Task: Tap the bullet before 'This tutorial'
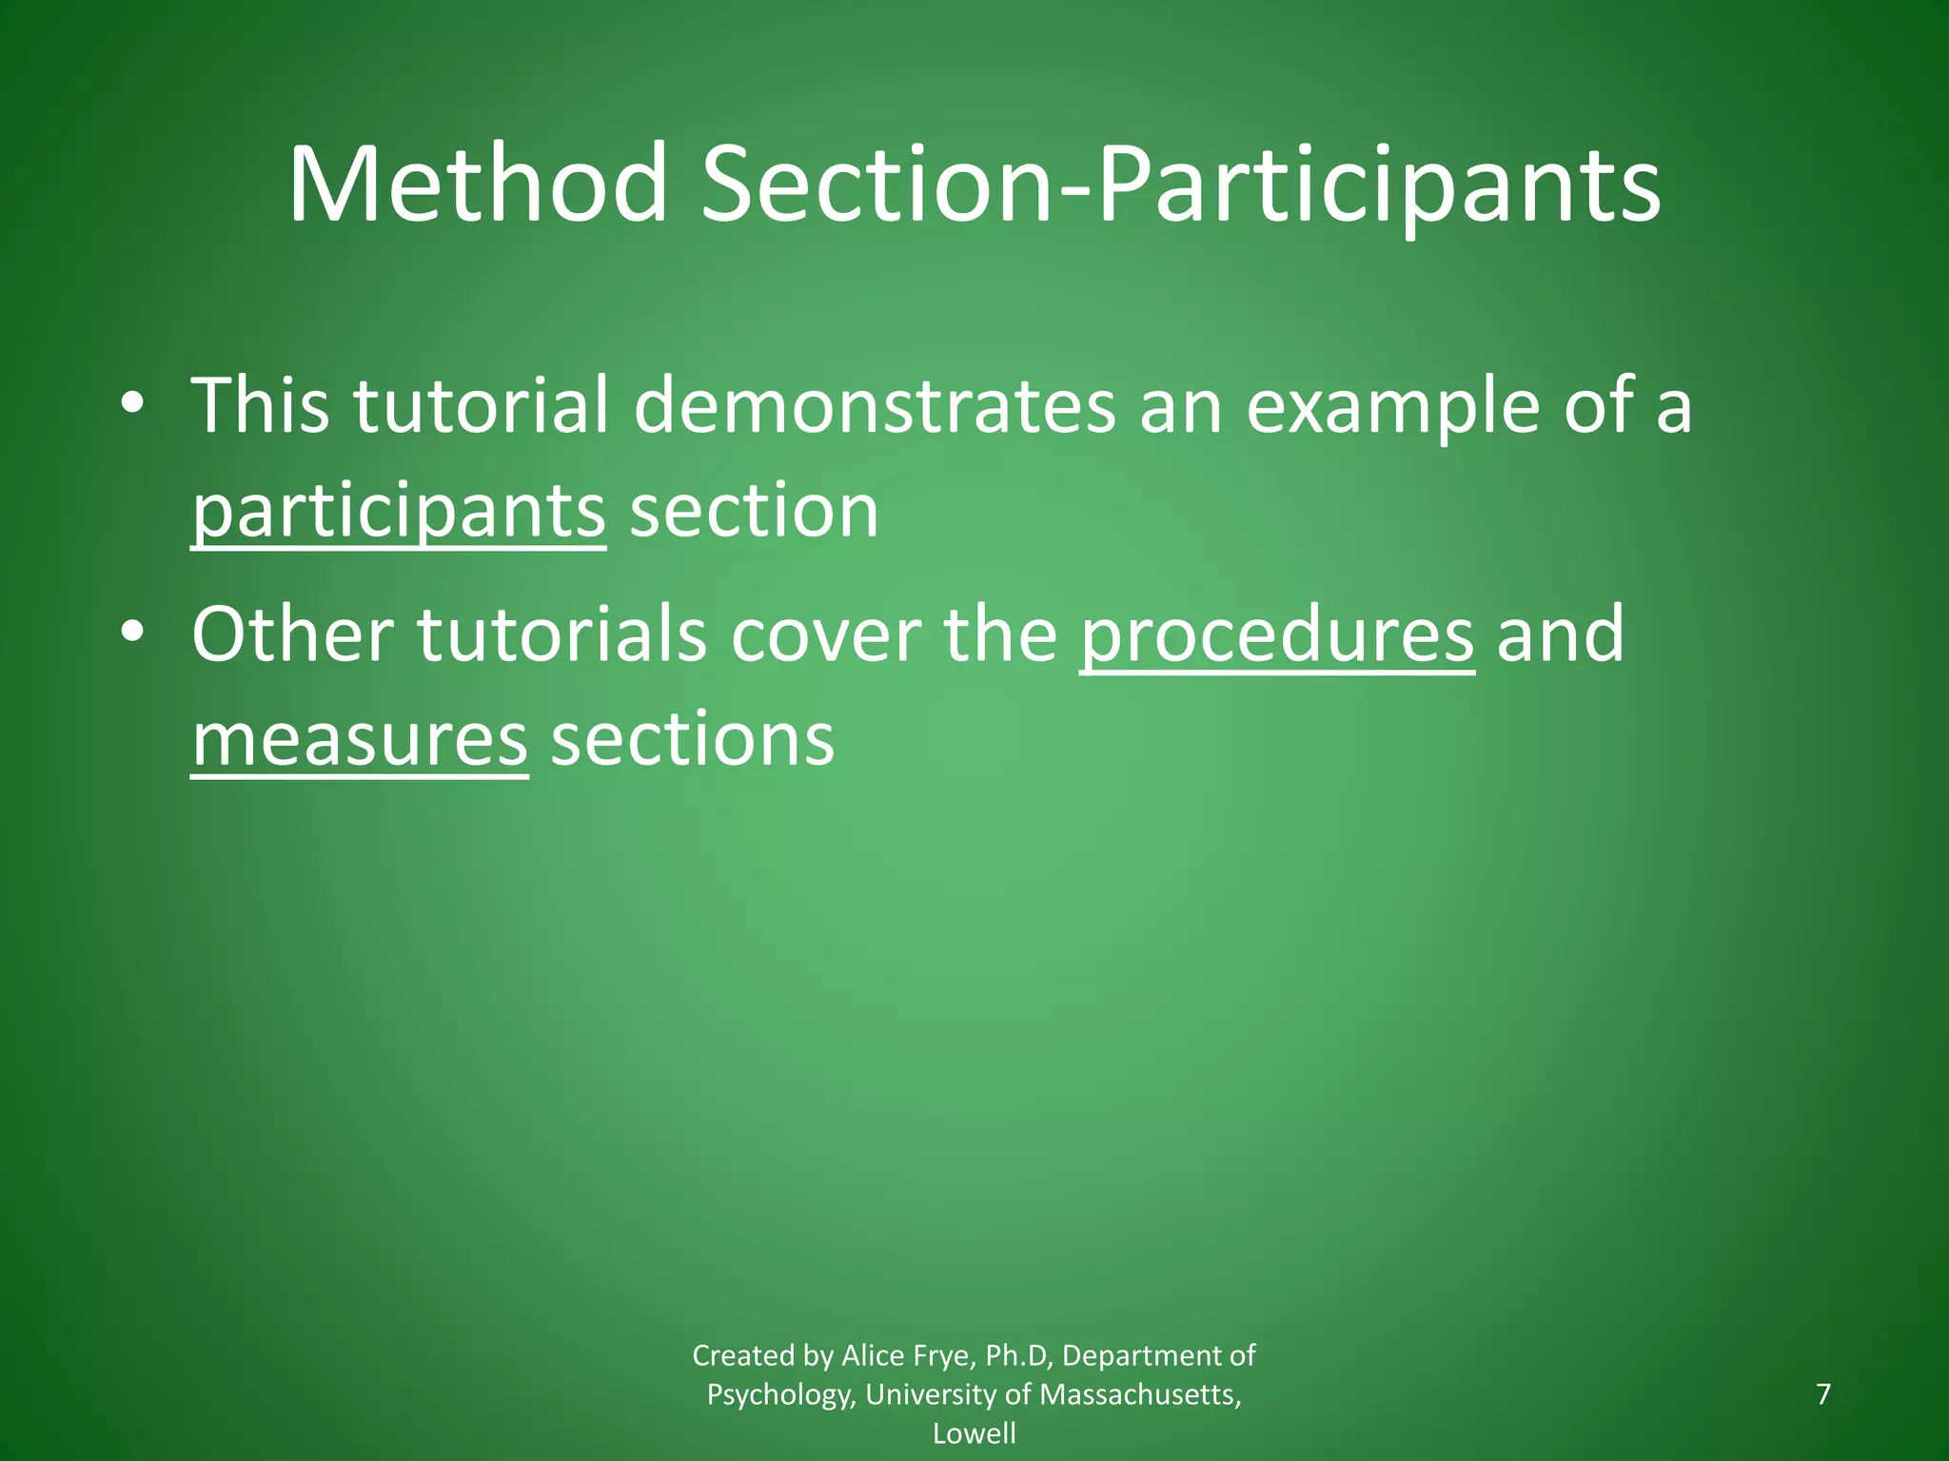(132, 405)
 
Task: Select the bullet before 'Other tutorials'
(132, 633)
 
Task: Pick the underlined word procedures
(1277, 635)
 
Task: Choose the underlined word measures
(360, 740)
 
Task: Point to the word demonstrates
(874, 406)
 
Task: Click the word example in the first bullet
(1392, 406)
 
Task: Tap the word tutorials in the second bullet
(562, 635)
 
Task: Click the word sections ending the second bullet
(693, 740)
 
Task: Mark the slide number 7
(1823, 1394)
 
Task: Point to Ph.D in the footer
(1018, 1354)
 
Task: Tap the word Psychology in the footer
(779, 1394)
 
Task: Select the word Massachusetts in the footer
(1140, 1394)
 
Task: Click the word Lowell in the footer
(974, 1433)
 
